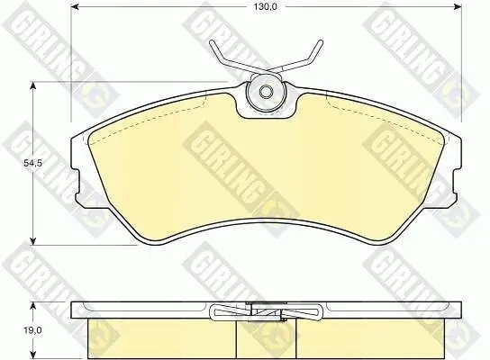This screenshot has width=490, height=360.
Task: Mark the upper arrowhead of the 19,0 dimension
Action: [x=32, y=302]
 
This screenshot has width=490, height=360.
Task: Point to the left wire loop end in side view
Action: [x=216, y=313]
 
